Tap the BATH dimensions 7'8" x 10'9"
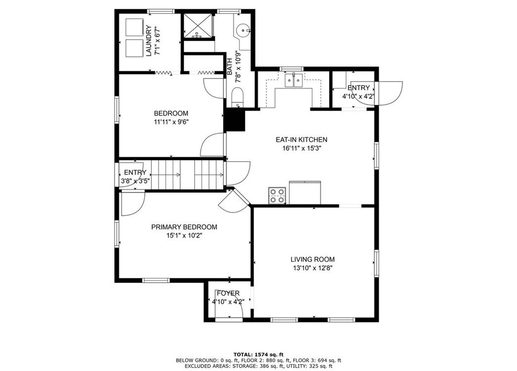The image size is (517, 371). tap(238, 67)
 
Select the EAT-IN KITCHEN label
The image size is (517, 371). tap(301, 140)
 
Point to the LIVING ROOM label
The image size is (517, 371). tap(312, 259)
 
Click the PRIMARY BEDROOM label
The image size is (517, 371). tap(184, 227)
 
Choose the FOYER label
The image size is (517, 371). tap(228, 293)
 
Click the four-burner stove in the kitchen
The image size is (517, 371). tap(277, 196)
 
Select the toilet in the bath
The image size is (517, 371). tap(237, 96)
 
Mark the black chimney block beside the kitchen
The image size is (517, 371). tap(235, 120)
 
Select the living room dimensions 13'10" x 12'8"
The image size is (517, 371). tap(312, 268)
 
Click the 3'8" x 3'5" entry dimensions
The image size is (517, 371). tap(135, 181)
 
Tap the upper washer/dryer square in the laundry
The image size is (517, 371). tap(133, 28)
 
